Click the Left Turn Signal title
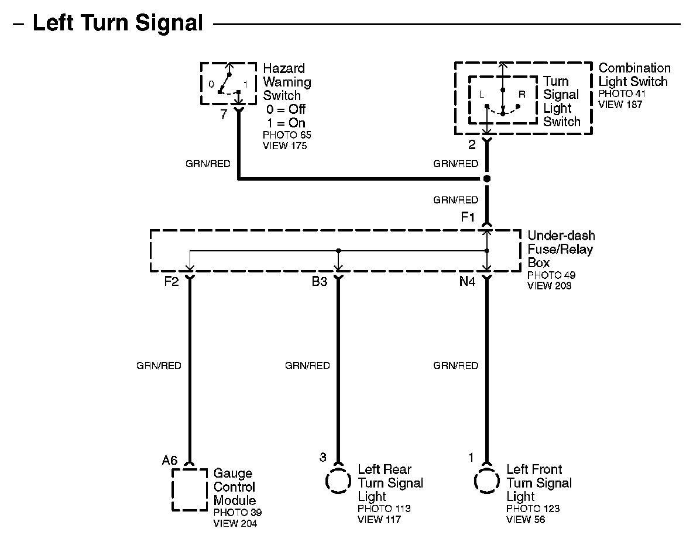point(118,23)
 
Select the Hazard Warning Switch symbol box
point(228,83)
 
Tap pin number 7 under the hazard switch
point(223,114)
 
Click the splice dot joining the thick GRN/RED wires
point(486,178)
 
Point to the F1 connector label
point(468,217)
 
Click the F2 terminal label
point(171,282)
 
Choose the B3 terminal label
point(319,282)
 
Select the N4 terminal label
point(467,282)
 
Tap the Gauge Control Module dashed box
point(190,489)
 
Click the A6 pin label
point(170,461)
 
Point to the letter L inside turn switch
point(482,94)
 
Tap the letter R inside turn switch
point(522,94)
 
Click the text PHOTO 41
point(622,94)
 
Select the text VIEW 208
point(550,286)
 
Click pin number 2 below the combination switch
point(472,145)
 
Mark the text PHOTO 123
point(533,509)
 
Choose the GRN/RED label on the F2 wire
point(159,365)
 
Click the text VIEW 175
point(284,146)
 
